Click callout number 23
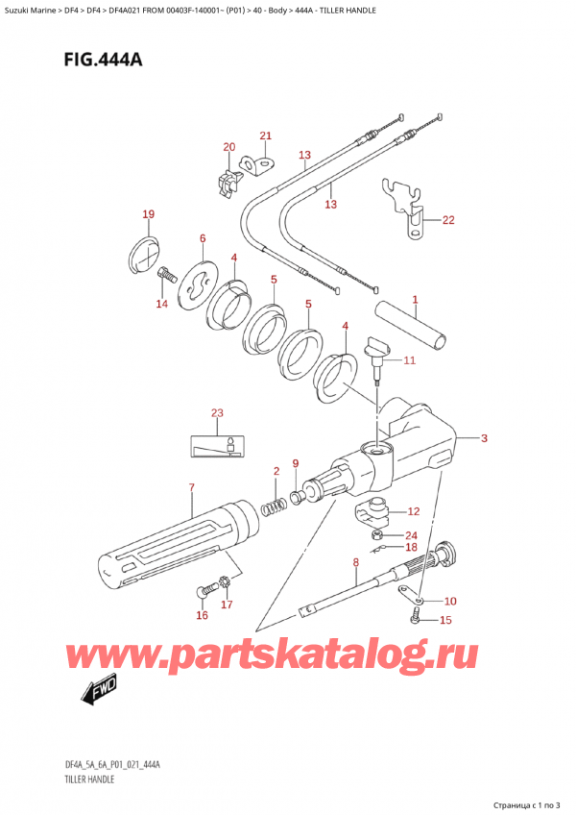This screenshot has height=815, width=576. [217, 413]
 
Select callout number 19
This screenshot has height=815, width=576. [148, 213]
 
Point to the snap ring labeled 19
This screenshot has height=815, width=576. [142, 255]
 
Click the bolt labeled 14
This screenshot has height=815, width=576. [165, 276]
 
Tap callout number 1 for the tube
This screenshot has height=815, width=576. [415, 300]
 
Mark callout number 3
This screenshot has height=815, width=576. [484, 438]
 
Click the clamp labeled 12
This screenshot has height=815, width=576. [370, 513]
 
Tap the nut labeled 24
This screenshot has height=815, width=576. [379, 534]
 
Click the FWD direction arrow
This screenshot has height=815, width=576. [97, 691]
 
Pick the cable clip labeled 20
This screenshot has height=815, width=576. [228, 182]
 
